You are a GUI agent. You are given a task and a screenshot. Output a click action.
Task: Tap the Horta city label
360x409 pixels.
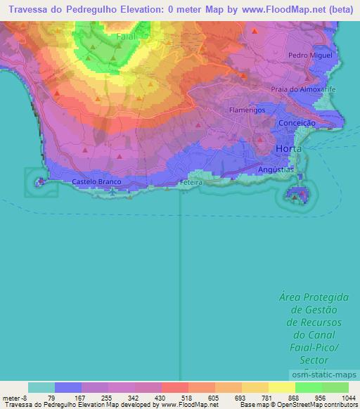tap(290, 150)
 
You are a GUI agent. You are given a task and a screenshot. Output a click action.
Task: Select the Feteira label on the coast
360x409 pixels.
tap(191, 182)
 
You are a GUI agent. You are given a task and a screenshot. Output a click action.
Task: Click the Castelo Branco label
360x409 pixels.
tap(97, 181)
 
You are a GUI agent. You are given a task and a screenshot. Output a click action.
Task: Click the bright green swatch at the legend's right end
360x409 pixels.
tap(335, 387)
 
